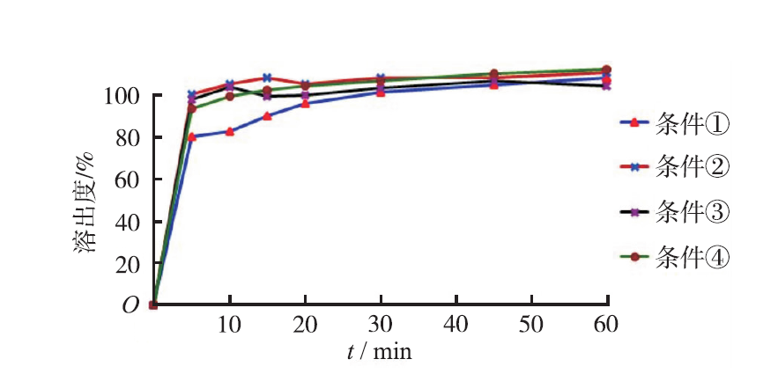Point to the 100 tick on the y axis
pos(122,95)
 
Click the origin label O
pos(130,305)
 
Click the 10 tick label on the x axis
pos(229,325)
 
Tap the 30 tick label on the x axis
pos(381,325)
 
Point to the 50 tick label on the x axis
pos(531,325)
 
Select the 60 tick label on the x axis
pos(606,325)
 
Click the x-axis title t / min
pos(379,351)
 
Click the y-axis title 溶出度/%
pos(85,201)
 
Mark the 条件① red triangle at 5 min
pos(192,136)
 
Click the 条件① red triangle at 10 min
pos(230,131)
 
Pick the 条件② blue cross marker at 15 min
pos(267,77)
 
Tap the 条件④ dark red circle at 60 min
pos(606,70)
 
